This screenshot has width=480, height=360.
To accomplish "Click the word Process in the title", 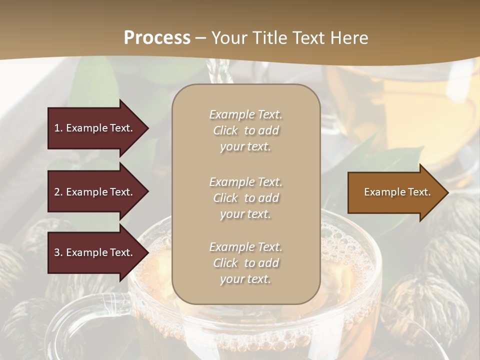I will (157, 38).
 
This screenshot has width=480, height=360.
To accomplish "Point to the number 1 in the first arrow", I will (57, 128).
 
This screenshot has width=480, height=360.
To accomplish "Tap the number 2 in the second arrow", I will (57, 192).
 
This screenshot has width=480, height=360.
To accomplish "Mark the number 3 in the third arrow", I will (57, 253).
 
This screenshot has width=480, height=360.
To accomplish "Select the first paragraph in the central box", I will (245, 130).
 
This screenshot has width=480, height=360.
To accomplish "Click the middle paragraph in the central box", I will (245, 198).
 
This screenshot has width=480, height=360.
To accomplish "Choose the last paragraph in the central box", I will (245, 263).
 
